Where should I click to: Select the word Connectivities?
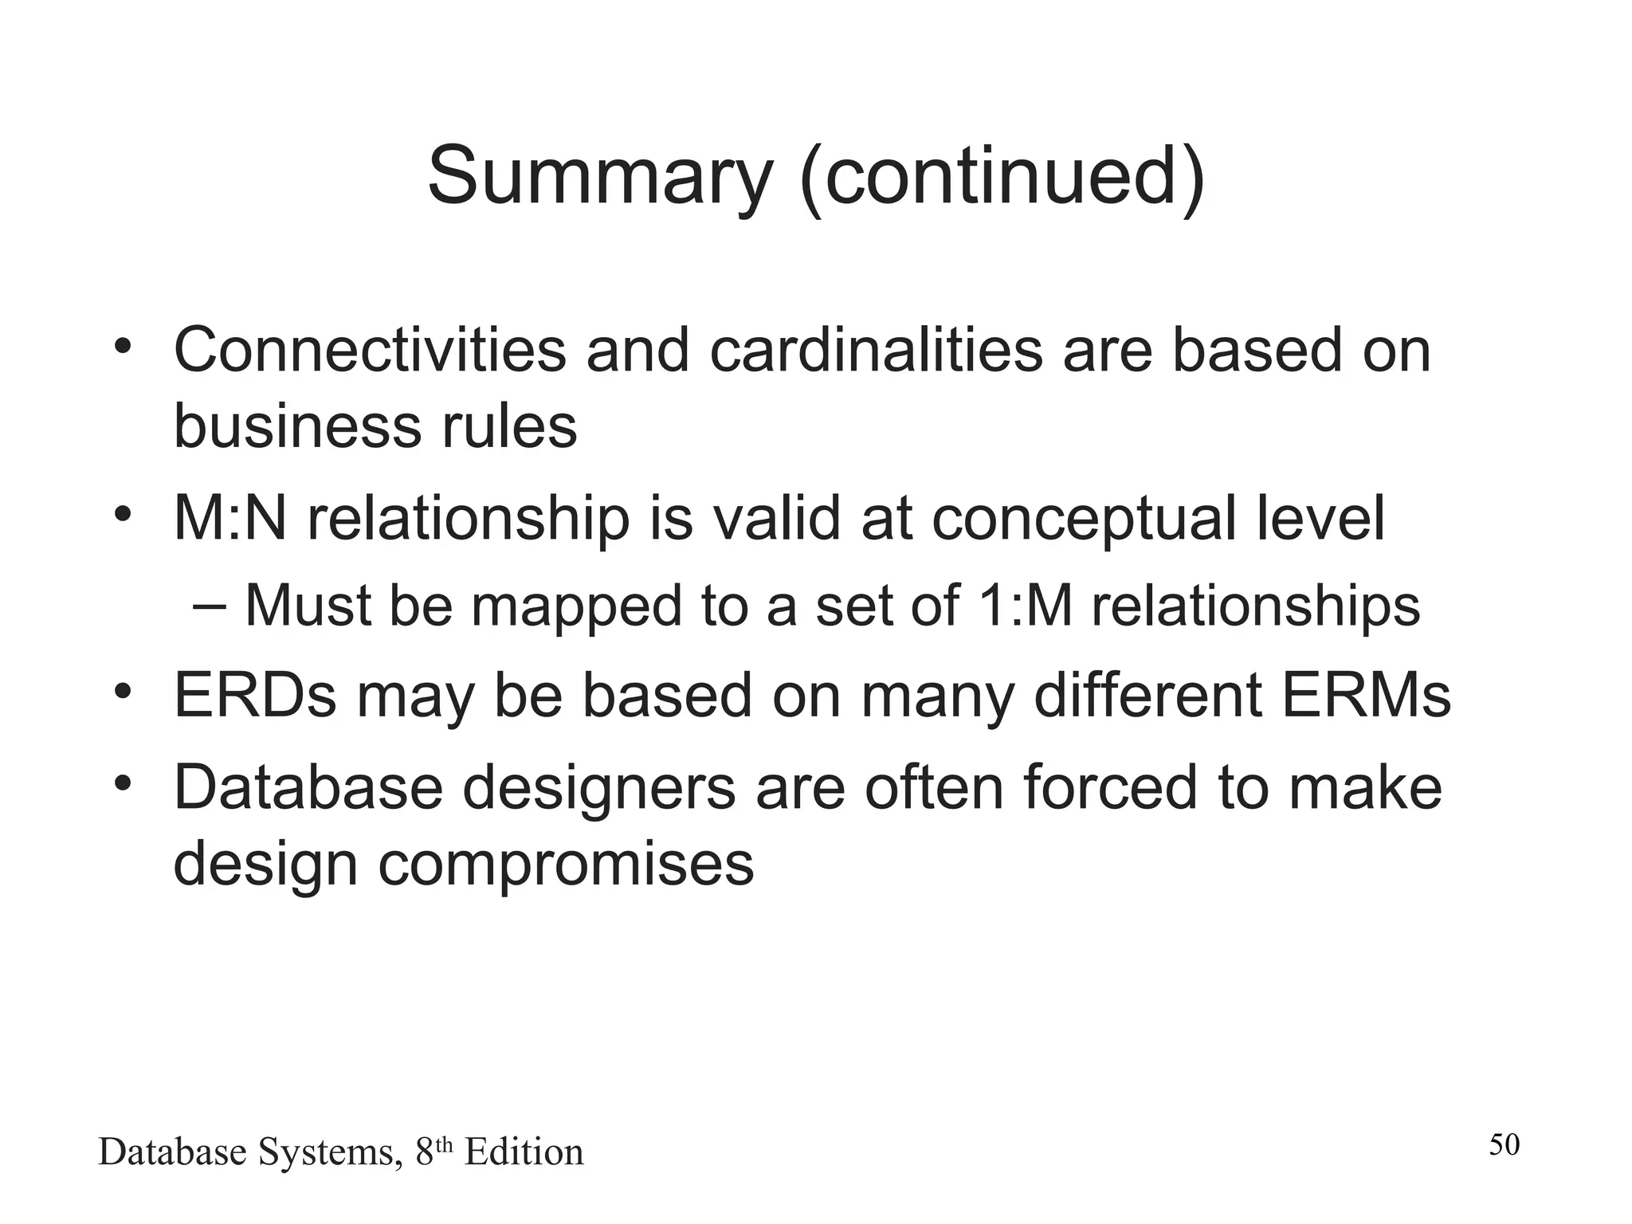(369, 350)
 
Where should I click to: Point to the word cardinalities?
(875, 350)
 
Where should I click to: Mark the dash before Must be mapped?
(210, 606)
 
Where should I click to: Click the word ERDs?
(254, 696)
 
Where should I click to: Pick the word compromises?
(565, 865)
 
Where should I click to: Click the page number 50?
(1504, 1145)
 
